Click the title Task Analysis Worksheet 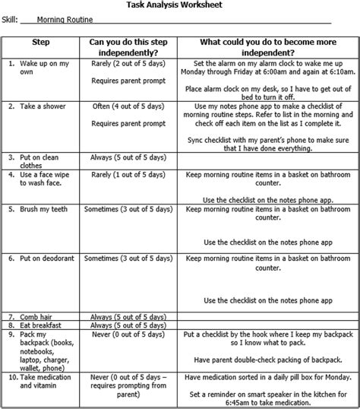click(x=179, y=5)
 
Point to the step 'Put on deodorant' click(x=50, y=258)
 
